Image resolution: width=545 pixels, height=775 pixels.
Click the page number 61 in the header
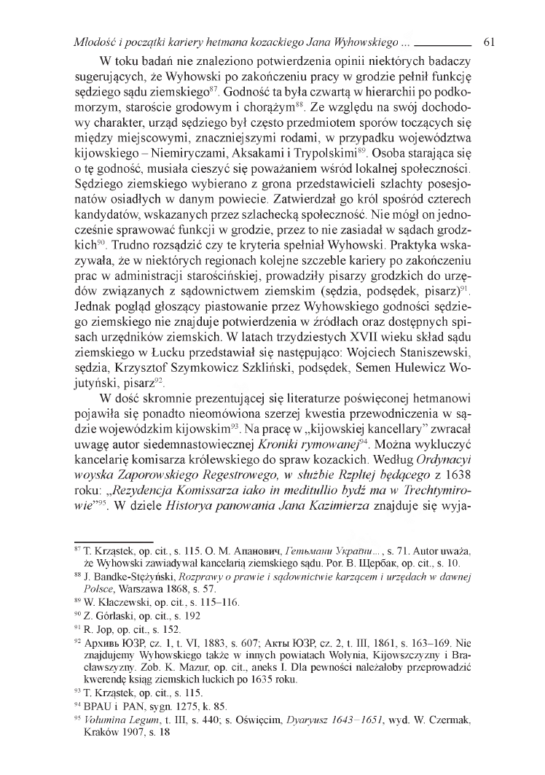(489, 43)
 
